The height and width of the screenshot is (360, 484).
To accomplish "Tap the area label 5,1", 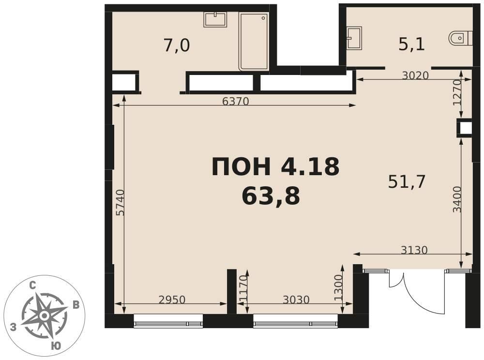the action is [412, 45].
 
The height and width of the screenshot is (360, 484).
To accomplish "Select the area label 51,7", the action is [407, 182].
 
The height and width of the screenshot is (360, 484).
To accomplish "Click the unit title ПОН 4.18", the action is [275, 166].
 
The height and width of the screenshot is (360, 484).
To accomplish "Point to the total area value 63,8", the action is [271, 196].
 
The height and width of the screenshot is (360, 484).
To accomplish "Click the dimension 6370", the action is [236, 101].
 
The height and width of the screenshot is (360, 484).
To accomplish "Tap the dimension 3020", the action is [415, 75].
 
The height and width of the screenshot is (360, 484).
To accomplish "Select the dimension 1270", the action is [457, 92].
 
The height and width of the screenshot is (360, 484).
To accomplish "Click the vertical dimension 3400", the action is [457, 199].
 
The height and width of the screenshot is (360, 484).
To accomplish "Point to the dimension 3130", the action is [414, 250].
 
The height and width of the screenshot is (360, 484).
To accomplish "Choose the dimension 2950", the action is [172, 300].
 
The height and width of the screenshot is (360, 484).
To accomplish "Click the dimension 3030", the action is [296, 300].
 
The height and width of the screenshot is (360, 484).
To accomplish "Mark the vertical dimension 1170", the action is [243, 288].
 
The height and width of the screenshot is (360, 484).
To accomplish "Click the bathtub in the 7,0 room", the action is [254, 42].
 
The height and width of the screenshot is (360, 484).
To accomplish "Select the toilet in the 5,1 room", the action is [461, 38].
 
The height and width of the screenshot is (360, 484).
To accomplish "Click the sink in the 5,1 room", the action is [354, 38].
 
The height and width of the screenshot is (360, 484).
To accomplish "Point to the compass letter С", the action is [32, 286].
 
